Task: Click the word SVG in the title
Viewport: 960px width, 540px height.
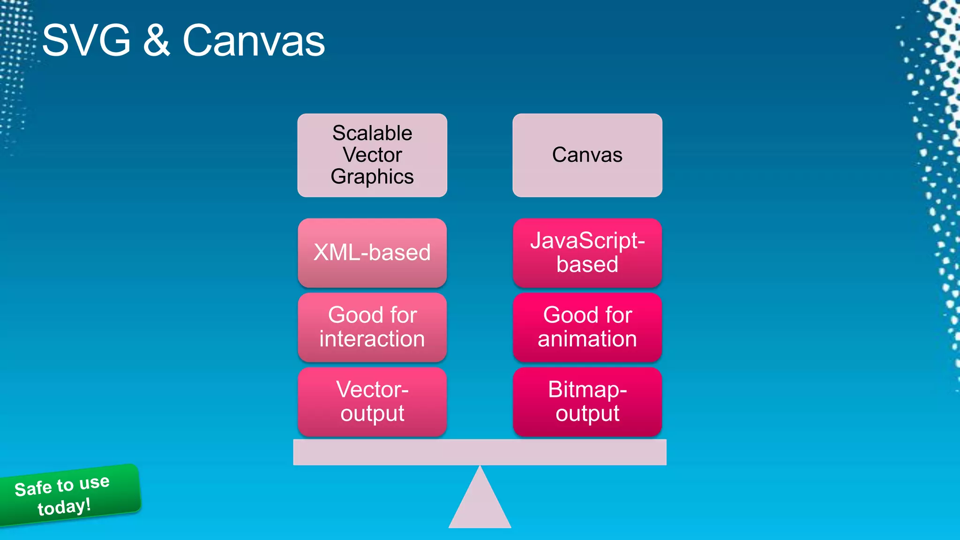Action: [x=86, y=41]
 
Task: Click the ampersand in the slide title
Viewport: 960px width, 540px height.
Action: [x=157, y=41]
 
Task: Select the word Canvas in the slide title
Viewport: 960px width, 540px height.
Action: [x=254, y=41]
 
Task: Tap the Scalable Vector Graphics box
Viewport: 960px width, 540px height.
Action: [x=372, y=155]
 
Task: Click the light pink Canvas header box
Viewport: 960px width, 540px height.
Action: [x=587, y=155]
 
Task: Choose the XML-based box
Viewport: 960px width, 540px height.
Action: [x=372, y=253]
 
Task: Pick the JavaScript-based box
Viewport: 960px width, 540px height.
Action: [x=587, y=253]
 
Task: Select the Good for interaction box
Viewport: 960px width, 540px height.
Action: [x=372, y=327]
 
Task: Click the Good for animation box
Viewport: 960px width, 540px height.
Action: [x=587, y=327]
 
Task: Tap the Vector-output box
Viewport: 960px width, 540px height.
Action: [x=372, y=402]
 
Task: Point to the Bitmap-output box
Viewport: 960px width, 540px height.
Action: [x=587, y=402]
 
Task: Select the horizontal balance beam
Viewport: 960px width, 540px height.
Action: [x=480, y=452]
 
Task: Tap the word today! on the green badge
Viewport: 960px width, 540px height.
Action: [x=64, y=507]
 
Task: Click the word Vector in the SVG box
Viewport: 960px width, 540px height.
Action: [x=372, y=155]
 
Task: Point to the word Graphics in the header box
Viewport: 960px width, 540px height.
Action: [x=372, y=177]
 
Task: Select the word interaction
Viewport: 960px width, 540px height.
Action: [x=372, y=339]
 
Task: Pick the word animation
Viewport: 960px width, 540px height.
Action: [x=587, y=339]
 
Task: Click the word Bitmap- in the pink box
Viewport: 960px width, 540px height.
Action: [x=587, y=390]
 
